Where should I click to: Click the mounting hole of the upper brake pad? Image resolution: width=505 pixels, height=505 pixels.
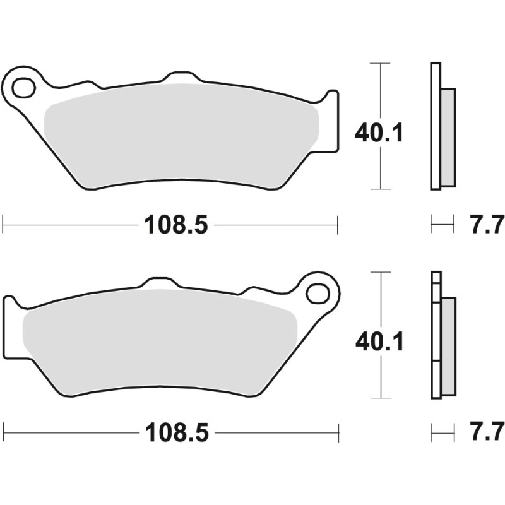coord(23,88)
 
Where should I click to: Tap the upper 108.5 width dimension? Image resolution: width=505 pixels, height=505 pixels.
coord(176,224)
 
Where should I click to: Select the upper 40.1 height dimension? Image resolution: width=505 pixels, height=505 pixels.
coord(379,133)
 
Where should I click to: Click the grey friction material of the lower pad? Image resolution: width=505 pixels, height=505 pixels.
coord(158,344)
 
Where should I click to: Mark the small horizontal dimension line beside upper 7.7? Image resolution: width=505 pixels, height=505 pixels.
coord(443,223)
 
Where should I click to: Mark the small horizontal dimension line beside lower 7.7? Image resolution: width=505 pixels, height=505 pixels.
coord(443,432)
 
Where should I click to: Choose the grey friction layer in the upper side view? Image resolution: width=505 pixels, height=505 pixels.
coord(448,136)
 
